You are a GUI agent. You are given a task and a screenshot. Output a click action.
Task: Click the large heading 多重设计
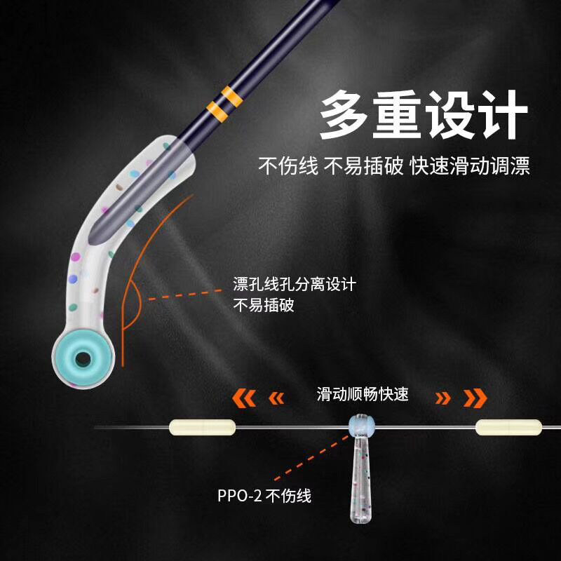tap(424, 114)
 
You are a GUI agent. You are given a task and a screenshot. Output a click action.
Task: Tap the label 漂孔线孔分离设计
tap(294, 285)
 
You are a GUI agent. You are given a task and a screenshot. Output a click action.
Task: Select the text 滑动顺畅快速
tap(362, 395)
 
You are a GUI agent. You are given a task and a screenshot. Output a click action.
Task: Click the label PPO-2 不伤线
tap(264, 496)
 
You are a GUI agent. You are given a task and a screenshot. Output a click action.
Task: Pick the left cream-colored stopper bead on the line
tap(202, 427)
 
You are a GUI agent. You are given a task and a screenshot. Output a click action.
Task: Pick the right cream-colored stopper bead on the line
tap(508, 427)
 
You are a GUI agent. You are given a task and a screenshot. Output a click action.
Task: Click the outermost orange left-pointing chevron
tap(244, 398)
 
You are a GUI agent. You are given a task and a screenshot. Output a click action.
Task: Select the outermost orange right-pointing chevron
tap(475, 398)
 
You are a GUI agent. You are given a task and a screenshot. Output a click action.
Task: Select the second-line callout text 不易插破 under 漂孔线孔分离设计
tap(263, 305)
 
